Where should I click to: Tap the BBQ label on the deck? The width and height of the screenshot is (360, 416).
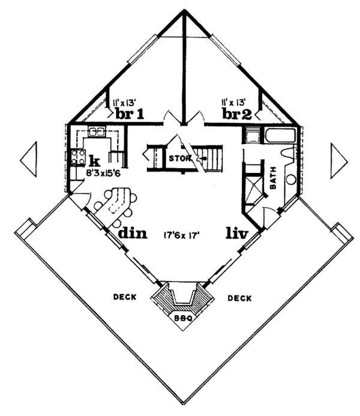point(182,319)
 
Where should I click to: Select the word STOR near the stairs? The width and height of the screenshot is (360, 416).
point(179,159)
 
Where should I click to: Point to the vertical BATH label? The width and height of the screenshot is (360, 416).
point(273,178)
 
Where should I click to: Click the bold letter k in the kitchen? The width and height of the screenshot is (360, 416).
point(94,160)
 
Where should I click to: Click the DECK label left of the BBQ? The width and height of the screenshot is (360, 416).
point(125,297)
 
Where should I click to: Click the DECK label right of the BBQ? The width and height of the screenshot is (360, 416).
point(239,298)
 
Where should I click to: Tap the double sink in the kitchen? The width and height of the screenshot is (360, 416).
point(97,131)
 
